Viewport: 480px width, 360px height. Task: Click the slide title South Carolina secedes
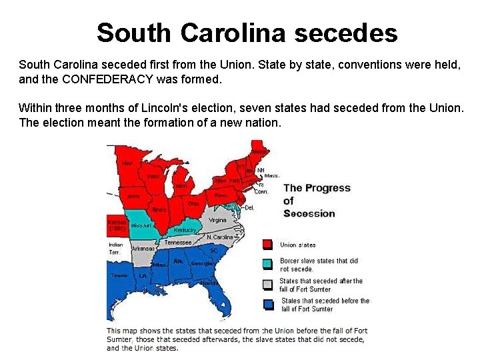pos(247,32)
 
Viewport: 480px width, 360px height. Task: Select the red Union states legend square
pos(267,245)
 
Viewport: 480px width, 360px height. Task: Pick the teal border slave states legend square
pos(267,264)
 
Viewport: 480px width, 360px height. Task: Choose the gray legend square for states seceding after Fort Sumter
pos(267,285)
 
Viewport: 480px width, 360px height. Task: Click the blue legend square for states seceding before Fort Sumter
pos(267,304)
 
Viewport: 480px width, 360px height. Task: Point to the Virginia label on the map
pos(217,220)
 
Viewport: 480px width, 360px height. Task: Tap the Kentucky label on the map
pos(185,230)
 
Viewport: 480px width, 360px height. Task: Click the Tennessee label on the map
pos(178,243)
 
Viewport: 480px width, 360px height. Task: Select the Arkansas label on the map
pos(143,249)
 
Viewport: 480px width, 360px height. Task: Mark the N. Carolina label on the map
pos(219,237)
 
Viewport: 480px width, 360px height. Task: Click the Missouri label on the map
pos(141,226)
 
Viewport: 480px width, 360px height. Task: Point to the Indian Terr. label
pos(115,249)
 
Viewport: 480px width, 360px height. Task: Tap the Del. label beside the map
pos(249,207)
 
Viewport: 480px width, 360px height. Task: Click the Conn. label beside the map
pos(261,192)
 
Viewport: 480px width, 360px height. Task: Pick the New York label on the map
pos(227,181)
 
